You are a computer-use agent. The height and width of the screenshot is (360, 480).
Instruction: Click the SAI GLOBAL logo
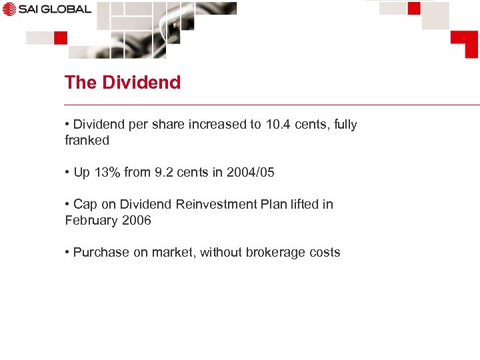(47, 9)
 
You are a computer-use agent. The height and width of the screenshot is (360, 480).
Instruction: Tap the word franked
(87, 141)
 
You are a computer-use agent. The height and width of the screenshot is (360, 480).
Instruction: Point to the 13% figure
(107, 173)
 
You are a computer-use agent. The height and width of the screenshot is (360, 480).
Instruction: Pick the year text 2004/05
(250, 173)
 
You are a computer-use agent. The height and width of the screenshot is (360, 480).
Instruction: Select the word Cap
(85, 205)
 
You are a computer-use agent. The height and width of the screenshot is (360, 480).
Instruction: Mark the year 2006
(135, 221)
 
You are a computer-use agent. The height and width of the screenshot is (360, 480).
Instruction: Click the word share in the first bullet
(189, 125)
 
